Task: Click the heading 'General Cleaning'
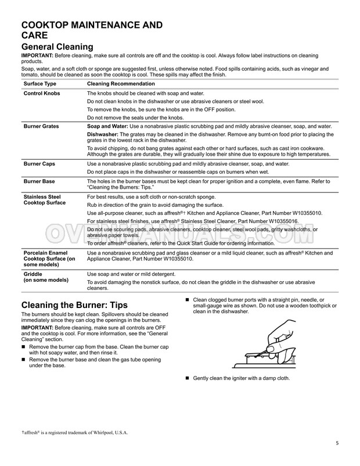click(56, 47)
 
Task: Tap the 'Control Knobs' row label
click(41, 94)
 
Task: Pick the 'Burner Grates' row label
click(42, 126)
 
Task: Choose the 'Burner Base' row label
click(39, 182)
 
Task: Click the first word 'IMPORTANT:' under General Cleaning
click(37, 56)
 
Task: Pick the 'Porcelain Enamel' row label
click(48, 253)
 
